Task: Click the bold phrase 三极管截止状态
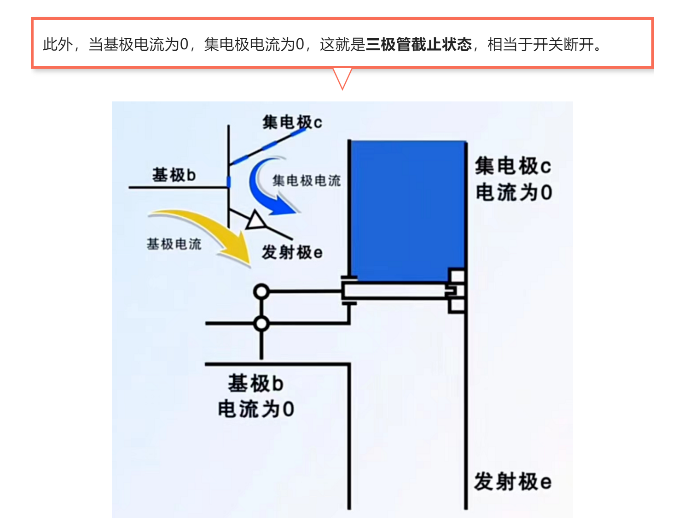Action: [x=418, y=44]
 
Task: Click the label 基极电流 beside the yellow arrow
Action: [x=174, y=244]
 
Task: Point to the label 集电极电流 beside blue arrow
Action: [x=307, y=181]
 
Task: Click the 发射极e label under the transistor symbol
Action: [x=292, y=253]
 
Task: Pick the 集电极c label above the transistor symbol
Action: [x=292, y=122]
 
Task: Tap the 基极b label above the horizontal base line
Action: [x=174, y=175]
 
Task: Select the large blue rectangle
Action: [x=408, y=211]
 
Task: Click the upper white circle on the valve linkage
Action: [x=261, y=291]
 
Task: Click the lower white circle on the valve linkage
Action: [x=261, y=324]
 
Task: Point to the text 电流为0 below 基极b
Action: [x=256, y=409]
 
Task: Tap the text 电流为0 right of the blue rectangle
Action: [x=514, y=192]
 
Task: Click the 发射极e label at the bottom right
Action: [x=513, y=482]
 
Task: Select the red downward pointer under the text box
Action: [x=342, y=79]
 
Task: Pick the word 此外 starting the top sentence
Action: [x=58, y=44]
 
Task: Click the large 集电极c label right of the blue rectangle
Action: [x=513, y=166]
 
